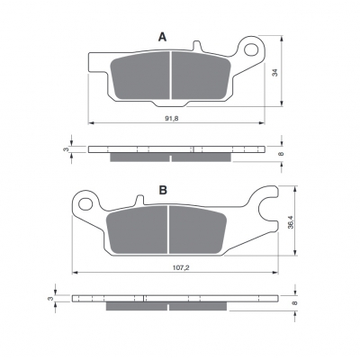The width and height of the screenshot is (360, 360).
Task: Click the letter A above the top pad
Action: [162, 37]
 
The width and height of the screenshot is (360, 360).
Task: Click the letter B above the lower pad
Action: [163, 190]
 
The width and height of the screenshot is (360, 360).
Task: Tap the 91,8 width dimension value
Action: [172, 119]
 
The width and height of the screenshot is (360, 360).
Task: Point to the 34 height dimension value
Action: [275, 73]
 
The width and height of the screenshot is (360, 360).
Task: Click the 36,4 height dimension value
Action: [290, 222]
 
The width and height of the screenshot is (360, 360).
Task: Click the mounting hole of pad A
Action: [251, 49]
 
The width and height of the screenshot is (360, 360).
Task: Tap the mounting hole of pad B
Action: [85, 204]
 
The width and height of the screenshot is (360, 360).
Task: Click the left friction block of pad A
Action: [139, 76]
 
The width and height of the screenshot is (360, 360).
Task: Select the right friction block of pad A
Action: [201, 76]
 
